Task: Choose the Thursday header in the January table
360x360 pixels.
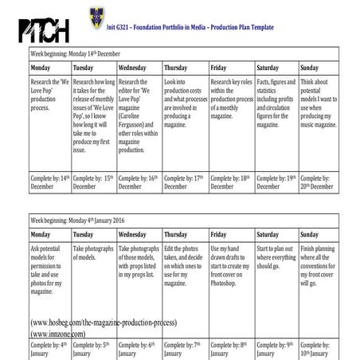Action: point(177,235)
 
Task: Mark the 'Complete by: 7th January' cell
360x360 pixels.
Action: point(185,349)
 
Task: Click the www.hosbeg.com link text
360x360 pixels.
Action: point(103,323)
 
